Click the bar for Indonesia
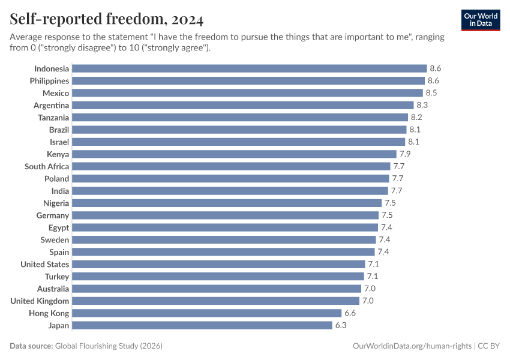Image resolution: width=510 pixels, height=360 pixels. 249,68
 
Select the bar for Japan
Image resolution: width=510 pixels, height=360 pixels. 202,325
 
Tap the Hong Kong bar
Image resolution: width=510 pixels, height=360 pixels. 206,313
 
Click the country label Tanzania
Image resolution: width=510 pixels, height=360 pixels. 53,118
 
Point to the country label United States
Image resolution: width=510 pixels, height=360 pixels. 45,264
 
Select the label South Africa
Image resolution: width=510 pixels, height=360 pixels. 47,166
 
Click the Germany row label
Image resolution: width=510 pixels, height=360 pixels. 53,215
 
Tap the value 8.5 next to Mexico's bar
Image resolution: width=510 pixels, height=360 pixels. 431,93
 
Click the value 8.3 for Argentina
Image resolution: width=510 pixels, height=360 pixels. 422,105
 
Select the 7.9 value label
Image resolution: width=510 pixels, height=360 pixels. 405,154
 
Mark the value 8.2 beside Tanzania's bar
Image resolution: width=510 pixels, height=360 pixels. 416,118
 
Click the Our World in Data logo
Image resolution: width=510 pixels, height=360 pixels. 481,19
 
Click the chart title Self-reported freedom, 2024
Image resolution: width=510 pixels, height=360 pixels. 107,19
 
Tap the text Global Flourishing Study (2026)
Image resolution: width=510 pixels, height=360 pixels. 109,346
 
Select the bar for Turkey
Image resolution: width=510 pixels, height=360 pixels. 218,277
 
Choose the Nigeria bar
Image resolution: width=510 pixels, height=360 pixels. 227,203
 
